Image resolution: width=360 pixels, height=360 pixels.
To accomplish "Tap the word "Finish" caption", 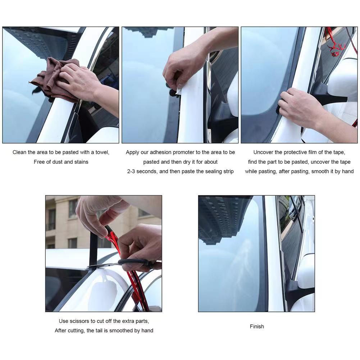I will (x=257, y=327).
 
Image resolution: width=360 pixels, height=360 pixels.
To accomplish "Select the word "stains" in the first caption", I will (x=81, y=162).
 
